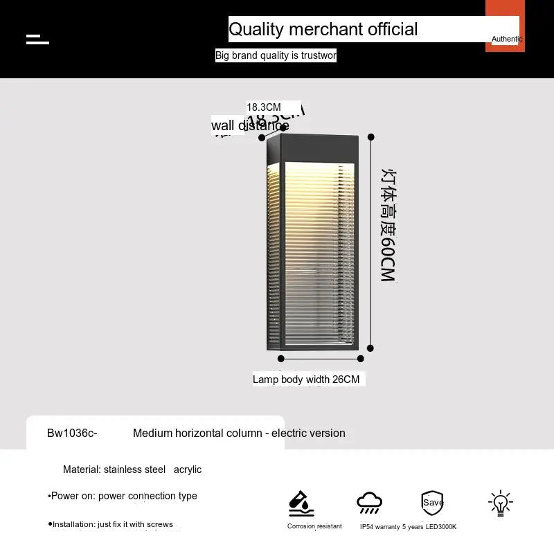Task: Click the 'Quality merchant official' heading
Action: [x=323, y=29]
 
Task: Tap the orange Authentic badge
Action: [x=506, y=28]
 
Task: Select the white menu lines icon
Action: [x=37, y=39]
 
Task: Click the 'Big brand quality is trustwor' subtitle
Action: [x=276, y=55]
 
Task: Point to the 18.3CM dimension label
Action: [x=264, y=107]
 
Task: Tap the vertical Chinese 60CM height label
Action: [x=388, y=225]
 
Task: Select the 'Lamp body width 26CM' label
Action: [x=306, y=379]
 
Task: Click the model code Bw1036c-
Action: [x=72, y=434]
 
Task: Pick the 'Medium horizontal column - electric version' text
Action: [x=239, y=434]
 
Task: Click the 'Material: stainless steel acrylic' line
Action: [x=132, y=470]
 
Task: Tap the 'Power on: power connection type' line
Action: [x=123, y=496]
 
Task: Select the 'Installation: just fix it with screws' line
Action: [x=111, y=524]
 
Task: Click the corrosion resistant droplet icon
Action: [x=301, y=503]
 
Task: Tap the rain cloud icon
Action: [x=369, y=503]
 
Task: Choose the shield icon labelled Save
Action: [x=432, y=503]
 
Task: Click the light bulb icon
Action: [x=500, y=503]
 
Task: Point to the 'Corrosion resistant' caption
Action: [x=314, y=526]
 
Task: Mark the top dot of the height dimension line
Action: [x=371, y=137]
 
